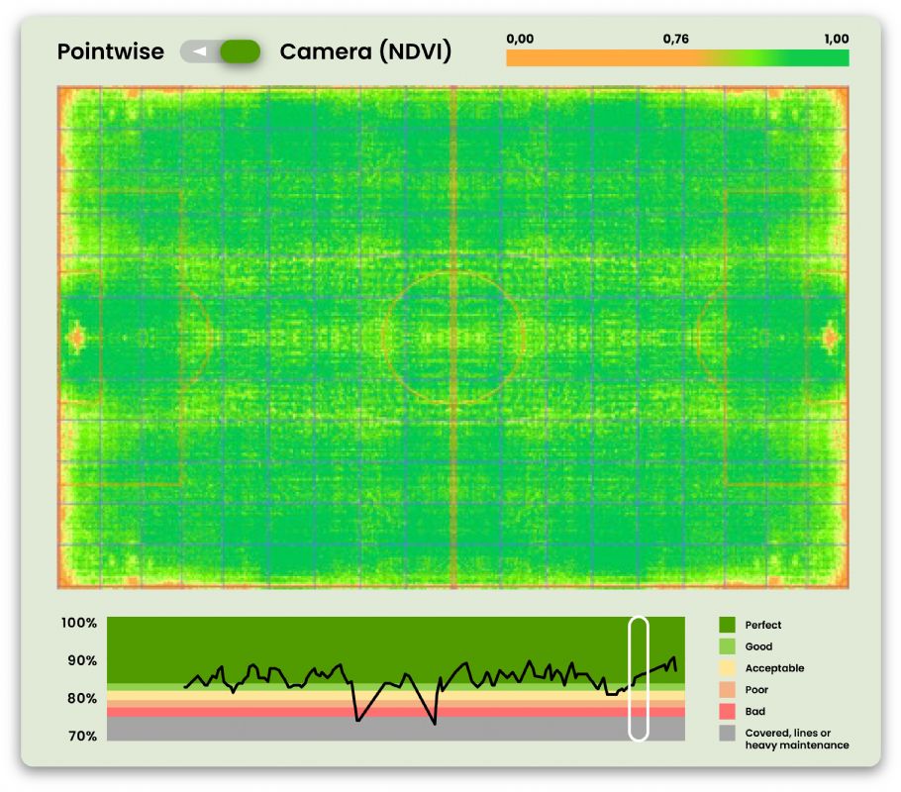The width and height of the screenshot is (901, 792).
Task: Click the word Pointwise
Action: point(110,51)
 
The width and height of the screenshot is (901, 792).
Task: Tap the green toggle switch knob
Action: point(240,51)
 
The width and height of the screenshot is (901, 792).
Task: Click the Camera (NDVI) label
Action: point(365,51)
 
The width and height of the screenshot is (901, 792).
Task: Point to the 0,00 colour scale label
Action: point(520,39)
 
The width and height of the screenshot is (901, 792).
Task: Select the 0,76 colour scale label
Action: point(676,39)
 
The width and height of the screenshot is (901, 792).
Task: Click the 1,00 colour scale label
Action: point(836,39)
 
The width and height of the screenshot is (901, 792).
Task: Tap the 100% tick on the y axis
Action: point(79,623)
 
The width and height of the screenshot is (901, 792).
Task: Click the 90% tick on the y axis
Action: point(79,660)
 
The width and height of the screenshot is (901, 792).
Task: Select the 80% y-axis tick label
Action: point(79,698)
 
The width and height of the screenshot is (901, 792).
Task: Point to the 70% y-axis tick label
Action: point(79,736)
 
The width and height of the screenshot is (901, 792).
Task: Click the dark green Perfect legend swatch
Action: point(727,625)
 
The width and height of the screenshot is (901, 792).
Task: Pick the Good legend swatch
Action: point(727,646)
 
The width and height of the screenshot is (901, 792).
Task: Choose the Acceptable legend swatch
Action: point(727,668)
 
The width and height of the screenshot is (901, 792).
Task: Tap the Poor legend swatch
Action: point(727,690)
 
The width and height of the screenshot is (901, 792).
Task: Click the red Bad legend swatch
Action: point(727,712)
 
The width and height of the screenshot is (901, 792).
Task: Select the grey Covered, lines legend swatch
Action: point(727,734)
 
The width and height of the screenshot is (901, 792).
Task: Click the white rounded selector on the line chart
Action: point(639,678)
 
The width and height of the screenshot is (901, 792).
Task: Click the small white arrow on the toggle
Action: point(200,51)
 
